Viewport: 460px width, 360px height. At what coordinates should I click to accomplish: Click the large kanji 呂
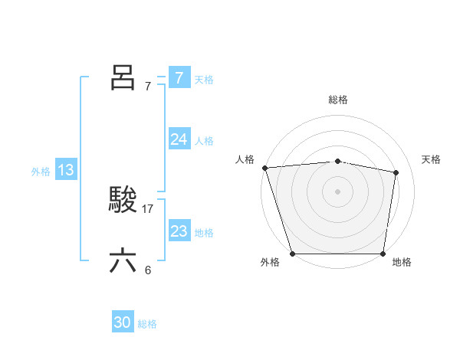123,77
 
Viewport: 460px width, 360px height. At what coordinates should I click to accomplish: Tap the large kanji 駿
123,200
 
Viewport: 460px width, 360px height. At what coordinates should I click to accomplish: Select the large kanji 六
123,261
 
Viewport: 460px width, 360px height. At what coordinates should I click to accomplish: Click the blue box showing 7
179,78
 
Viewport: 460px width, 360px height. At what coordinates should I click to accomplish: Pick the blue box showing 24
179,139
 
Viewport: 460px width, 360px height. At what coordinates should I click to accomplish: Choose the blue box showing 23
179,231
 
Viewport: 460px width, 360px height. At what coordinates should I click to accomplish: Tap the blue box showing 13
66,170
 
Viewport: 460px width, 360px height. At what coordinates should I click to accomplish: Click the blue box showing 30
123,322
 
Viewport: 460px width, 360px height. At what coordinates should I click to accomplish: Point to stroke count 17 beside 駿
148,208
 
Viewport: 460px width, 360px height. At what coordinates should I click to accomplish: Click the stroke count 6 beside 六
148,270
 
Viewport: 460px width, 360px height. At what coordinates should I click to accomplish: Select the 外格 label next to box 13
41,172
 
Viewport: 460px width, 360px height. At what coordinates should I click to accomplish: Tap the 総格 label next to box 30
147,324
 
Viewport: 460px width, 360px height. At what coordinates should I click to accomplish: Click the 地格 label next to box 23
204,233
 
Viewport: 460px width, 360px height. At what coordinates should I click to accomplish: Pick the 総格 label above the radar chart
338,100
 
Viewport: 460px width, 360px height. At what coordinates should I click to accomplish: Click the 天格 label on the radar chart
432,159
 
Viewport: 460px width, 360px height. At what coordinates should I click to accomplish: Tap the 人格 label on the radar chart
245,159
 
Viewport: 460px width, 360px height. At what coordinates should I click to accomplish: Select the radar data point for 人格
264,168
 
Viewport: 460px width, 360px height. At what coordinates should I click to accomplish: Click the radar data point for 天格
396,173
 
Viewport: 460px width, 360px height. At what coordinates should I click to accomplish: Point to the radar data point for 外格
293,254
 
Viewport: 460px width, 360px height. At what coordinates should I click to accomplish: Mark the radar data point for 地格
383,254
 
